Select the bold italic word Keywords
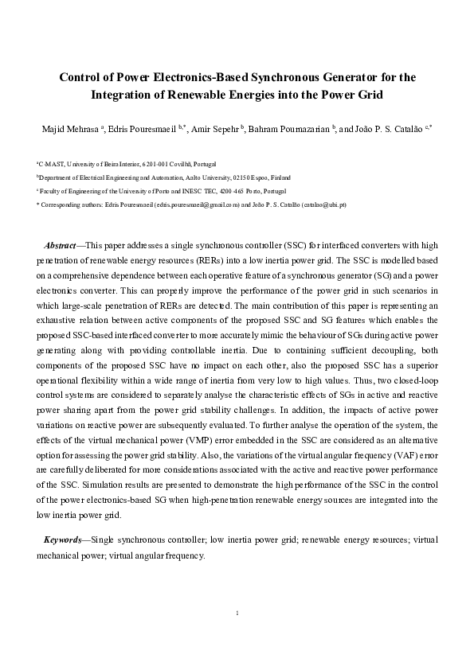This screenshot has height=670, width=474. coord(64,540)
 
